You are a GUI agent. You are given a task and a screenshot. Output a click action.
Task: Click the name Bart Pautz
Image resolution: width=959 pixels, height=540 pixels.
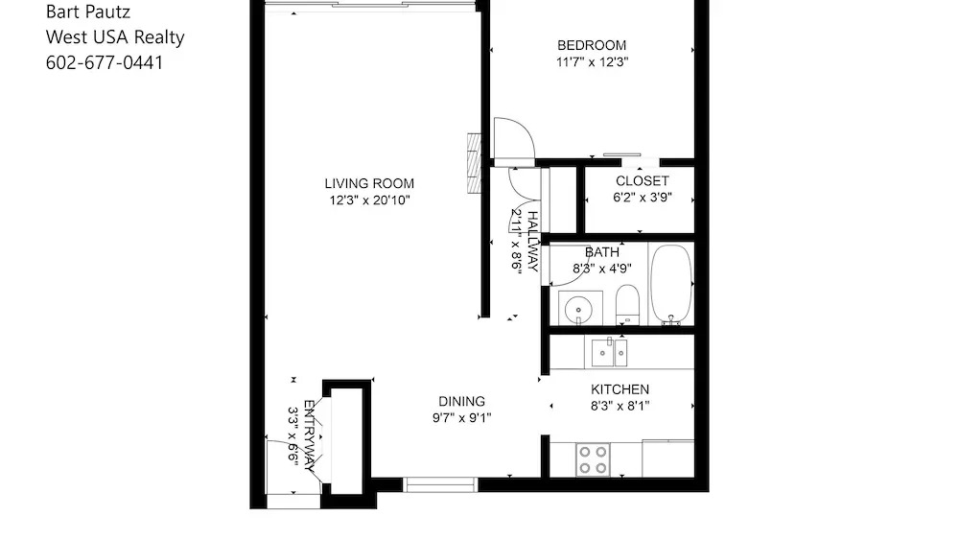pyautogui.click(x=88, y=12)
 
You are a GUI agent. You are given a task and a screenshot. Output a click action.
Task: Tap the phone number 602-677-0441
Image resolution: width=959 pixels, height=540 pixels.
pyautogui.click(x=105, y=62)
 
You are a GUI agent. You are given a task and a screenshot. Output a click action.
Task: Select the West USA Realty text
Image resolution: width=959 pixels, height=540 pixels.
pyautogui.click(x=115, y=37)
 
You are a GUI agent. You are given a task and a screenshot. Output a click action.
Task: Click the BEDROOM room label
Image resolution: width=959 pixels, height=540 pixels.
pyautogui.click(x=592, y=45)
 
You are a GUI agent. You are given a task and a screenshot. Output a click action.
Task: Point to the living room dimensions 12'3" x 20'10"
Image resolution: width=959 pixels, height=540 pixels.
pyautogui.click(x=369, y=200)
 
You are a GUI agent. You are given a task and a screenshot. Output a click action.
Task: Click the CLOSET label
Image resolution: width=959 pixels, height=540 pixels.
pyautogui.click(x=643, y=181)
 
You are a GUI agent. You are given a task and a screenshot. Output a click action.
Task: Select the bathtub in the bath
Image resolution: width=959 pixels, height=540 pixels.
pyautogui.click(x=671, y=284)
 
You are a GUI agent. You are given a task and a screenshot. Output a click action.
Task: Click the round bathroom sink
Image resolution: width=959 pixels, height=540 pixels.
pyautogui.click(x=578, y=309)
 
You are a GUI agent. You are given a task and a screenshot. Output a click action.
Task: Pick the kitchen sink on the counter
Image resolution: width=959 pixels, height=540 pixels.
pyautogui.click(x=609, y=353)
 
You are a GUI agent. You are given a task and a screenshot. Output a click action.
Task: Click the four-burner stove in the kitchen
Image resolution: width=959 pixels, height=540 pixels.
pyautogui.click(x=593, y=459)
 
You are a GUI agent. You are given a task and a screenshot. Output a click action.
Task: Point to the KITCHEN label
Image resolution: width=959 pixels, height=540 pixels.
pyautogui.click(x=620, y=389)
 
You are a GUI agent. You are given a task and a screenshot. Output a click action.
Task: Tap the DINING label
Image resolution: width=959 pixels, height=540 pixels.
pyautogui.click(x=462, y=402)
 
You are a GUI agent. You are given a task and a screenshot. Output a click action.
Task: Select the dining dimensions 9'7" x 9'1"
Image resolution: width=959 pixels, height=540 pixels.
pyautogui.click(x=462, y=418)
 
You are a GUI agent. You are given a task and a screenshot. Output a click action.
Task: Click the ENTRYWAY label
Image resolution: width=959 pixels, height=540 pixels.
pyautogui.click(x=310, y=435)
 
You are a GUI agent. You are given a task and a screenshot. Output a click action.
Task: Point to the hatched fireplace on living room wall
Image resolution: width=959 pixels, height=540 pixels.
pyautogui.click(x=474, y=164)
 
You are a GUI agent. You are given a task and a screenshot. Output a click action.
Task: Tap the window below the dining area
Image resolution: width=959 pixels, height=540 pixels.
pyautogui.click(x=440, y=485)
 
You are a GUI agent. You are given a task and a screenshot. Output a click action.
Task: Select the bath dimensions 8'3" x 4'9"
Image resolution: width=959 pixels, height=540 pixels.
pyautogui.click(x=602, y=269)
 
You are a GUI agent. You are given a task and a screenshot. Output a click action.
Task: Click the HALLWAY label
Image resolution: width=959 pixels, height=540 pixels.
pyautogui.click(x=532, y=242)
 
